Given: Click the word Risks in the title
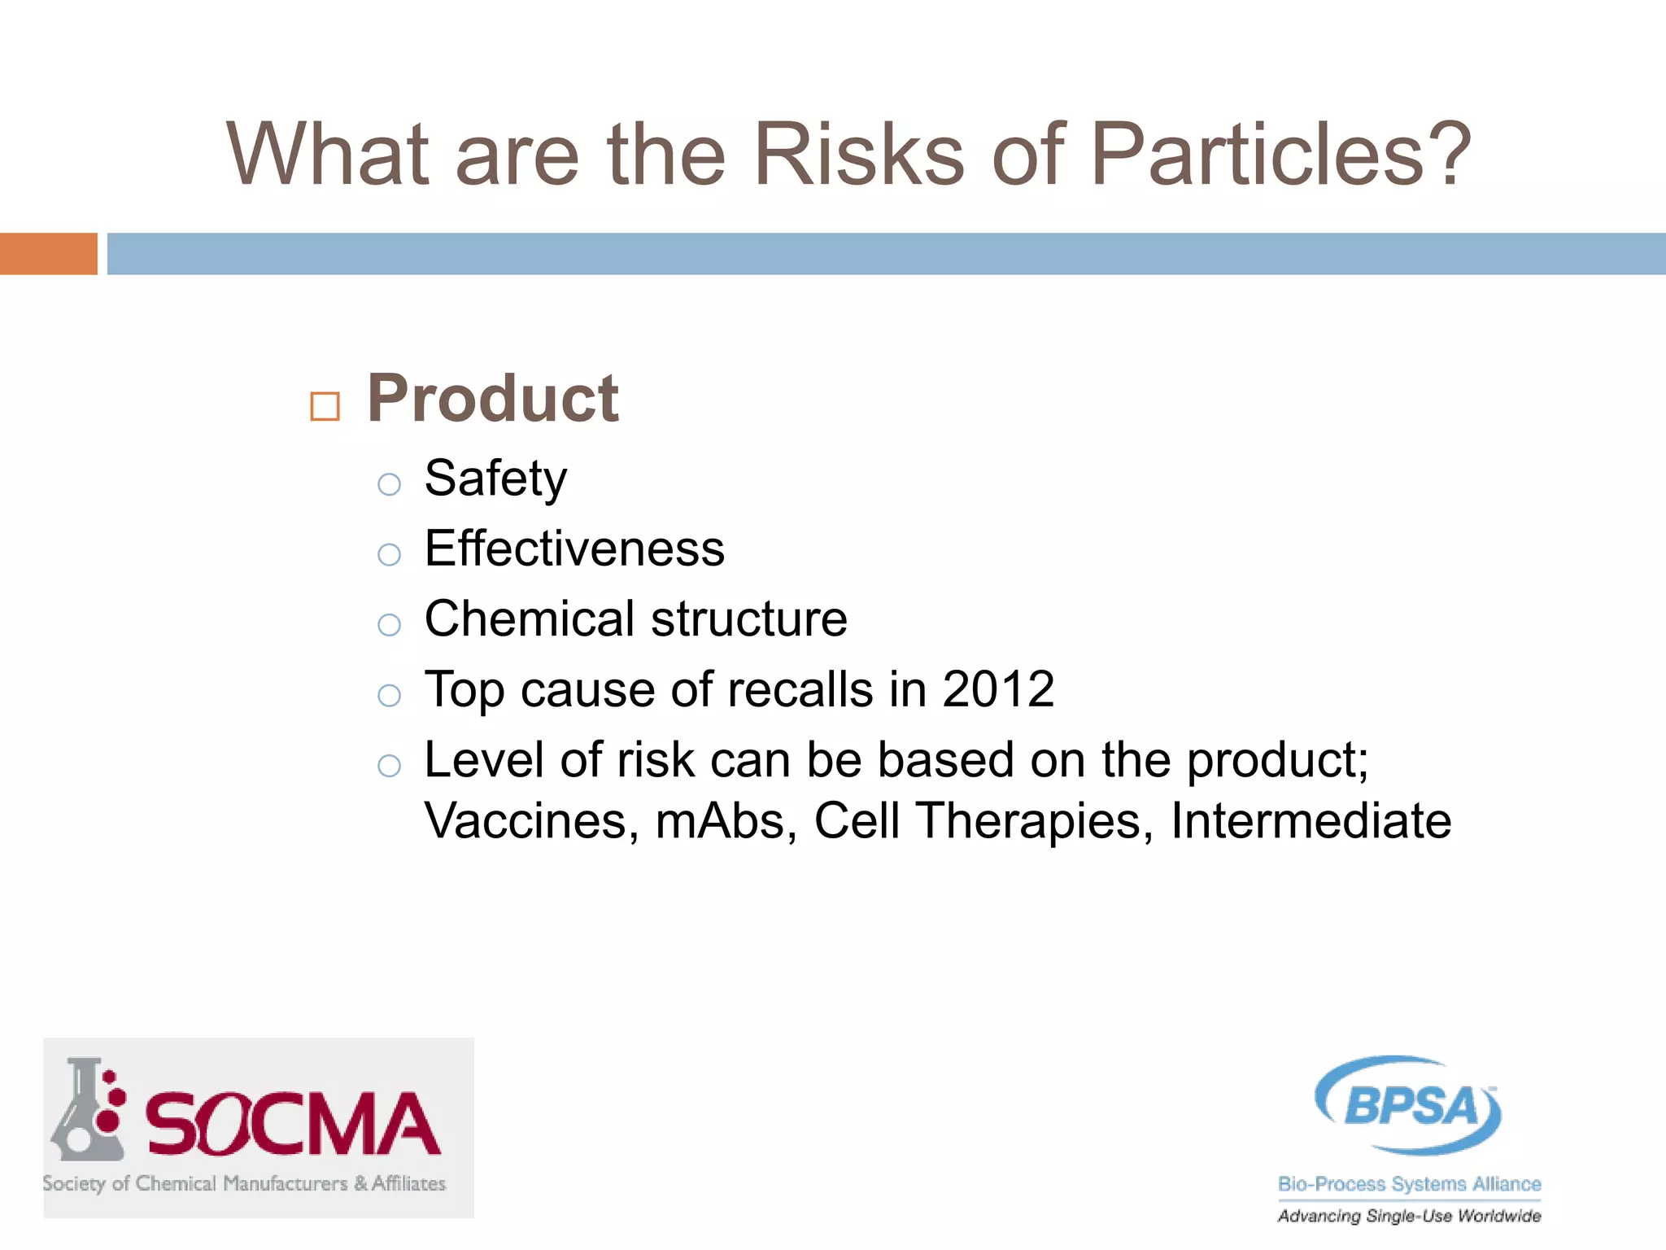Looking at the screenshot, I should (x=859, y=155).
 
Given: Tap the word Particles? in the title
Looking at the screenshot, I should (x=1280, y=155).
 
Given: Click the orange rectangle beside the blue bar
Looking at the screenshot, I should (x=48, y=254).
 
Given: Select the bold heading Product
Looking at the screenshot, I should (x=493, y=399).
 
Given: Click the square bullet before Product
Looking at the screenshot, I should (x=325, y=406).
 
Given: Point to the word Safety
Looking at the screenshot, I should (x=495, y=479).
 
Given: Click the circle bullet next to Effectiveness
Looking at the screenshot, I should (x=390, y=555).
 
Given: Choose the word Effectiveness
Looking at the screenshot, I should (x=574, y=549).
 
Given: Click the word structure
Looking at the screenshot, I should (x=749, y=619).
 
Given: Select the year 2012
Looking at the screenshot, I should (x=998, y=690).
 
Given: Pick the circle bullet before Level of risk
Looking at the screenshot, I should (x=390, y=766).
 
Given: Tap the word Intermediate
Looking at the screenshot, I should (x=1311, y=821).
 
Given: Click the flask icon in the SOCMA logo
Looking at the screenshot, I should (x=86, y=1112).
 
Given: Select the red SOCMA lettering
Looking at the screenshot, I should (x=293, y=1125).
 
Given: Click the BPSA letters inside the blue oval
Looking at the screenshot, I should (x=1410, y=1107).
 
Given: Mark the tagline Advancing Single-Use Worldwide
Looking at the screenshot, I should (x=1409, y=1217).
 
